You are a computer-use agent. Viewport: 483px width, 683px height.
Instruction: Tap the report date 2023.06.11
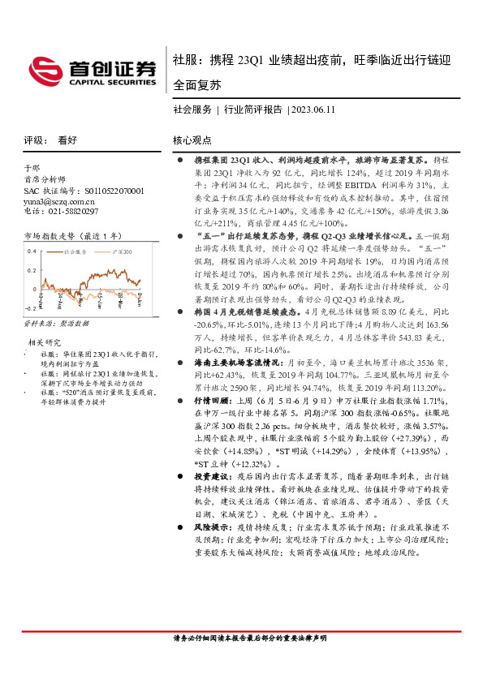click(x=313, y=109)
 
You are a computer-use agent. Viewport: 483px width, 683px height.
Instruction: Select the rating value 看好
click(x=67, y=140)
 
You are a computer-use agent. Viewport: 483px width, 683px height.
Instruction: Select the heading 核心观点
click(x=192, y=140)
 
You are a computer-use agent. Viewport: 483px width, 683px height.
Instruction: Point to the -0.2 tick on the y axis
click(x=30, y=309)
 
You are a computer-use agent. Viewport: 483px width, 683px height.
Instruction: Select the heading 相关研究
click(x=44, y=342)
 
